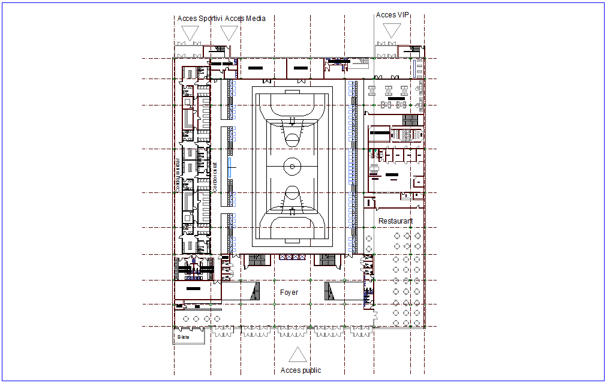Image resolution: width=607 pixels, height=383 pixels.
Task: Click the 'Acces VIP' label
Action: pyautogui.click(x=392, y=15)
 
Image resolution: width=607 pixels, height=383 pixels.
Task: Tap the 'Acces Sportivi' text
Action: pyautogui.click(x=200, y=19)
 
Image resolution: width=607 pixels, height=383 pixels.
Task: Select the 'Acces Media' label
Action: pyautogui.click(x=245, y=19)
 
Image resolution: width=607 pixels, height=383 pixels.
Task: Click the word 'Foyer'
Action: pyautogui.click(x=289, y=292)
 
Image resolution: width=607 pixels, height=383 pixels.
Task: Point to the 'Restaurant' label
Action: pyautogui.click(x=395, y=221)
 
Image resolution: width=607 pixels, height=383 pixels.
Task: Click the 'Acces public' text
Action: pyautogui.click(x=301, y=370)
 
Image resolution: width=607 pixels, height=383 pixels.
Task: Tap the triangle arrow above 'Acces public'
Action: pyautogui.click(x=295, y=355)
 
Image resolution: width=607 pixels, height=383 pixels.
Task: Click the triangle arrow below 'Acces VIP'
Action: pyautogui.click(x=392, y=30)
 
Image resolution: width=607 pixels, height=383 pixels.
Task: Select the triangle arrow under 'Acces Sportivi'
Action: pyautogui.click(x=190, y=33)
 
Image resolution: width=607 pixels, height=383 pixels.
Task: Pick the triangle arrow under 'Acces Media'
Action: pyautogui.click(x=229, y=33)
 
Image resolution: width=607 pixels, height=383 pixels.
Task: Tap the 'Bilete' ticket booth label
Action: pyautogui.click(x=183, y=337)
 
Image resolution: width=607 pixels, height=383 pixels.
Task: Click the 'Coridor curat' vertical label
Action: pyautogui.click(x=215, y=177)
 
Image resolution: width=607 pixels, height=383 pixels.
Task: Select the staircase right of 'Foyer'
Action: pyautogui.click(x=329, y=292)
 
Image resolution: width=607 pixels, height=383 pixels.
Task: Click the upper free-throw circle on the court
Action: pyautogui.click(x=292, y=139)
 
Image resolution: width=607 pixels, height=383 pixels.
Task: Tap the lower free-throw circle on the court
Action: pyautogui.click(x=292, y=193)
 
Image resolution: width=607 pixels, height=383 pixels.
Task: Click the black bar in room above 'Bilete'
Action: pyautogui.click(x=193, y=289)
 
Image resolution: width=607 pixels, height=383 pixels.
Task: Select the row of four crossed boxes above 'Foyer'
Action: pyautogui.click(x=292, y=257)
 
